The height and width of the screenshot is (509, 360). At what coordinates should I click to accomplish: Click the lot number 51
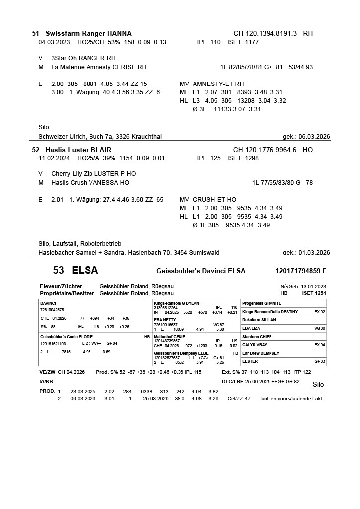[35, 34]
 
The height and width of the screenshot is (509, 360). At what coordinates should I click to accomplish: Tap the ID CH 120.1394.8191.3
[265, 34]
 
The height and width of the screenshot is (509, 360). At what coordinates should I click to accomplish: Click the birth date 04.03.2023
[54, 42]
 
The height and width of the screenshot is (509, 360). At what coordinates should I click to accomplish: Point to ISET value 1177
[250, 42]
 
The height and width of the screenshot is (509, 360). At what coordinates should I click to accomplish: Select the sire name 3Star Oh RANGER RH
[84, 58]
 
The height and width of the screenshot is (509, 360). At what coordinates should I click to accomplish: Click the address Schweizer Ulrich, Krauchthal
[100, 137]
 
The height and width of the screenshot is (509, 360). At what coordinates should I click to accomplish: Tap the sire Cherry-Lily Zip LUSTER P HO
[93, 174]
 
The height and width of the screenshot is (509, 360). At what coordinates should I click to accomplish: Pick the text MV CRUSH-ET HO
[208, 200]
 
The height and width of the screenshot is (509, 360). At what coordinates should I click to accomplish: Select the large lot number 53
[59, 271]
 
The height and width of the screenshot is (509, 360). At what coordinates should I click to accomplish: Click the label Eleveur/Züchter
[61, 286]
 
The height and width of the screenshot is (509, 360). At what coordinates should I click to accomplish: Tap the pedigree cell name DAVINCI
[48, 303]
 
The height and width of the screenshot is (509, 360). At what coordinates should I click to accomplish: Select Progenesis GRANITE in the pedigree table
[262, 303]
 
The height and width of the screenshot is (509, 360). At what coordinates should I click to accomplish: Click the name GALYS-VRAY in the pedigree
[255, 344]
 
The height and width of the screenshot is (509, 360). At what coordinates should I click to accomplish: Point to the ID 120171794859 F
[300, 271]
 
